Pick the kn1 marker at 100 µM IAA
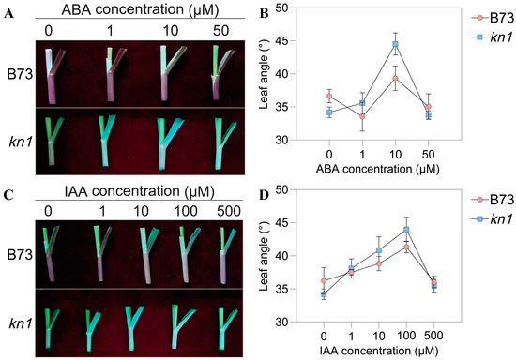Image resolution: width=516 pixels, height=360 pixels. tap(406, 230)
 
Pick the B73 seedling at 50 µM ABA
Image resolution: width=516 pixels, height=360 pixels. tap(223, 70)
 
